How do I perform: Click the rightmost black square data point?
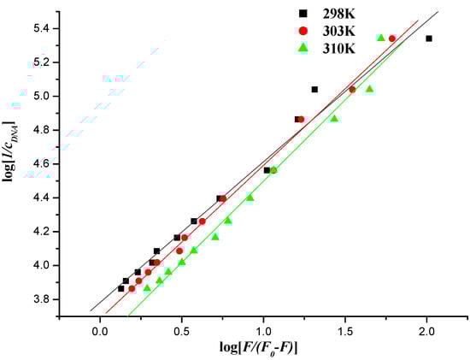pos(429,38)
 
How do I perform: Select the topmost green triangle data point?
pos(381,38)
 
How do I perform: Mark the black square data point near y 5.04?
pos(314,89)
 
